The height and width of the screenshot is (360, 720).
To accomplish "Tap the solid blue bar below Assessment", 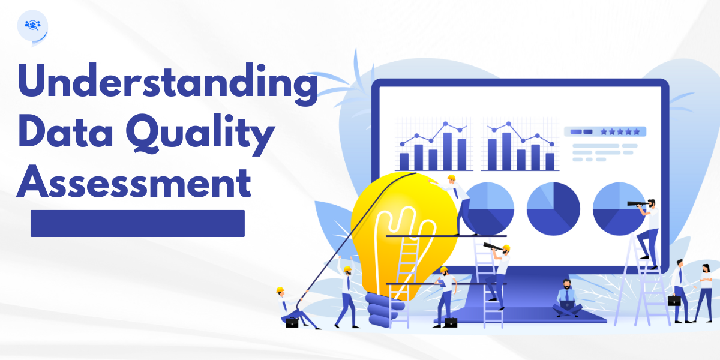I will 137,223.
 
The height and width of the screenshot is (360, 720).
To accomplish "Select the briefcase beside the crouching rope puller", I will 292,322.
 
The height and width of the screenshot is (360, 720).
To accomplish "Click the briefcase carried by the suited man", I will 674,301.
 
